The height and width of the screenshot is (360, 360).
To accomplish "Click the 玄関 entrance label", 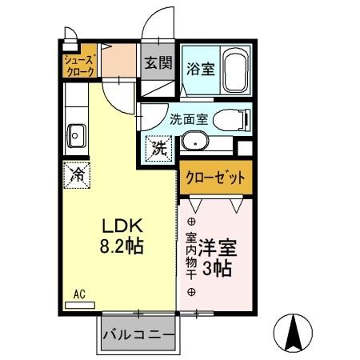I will [157, 62].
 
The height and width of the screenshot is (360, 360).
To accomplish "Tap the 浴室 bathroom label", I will [199, 68].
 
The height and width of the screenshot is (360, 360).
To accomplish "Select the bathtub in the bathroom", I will [235, 70].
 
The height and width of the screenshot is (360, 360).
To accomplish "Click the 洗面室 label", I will [189, 120].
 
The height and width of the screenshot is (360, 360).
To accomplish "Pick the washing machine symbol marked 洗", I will [159, 148].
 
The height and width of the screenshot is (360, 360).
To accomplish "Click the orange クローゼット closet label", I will [214, 178].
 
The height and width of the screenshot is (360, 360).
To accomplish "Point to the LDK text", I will [121, 225].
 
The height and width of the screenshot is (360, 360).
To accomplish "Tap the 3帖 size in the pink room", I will [217, 269].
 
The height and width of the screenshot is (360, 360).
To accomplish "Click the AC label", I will [78, 294].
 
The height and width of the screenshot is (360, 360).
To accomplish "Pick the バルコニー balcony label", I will [138, 336].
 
